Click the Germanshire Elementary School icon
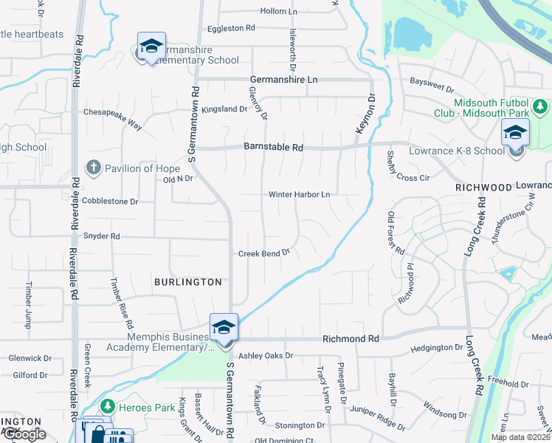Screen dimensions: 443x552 coord(151,47)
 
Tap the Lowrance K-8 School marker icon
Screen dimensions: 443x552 coord(515,134)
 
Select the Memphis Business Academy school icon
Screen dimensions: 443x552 coord(224,327)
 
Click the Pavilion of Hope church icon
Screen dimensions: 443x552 coord(93,168)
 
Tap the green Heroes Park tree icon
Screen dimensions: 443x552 coord(106,407)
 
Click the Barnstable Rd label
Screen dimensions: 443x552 coord(273,148)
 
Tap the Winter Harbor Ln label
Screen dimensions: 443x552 coord(298,195)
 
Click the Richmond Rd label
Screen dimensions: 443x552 coord(351,338)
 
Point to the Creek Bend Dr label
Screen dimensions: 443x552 coord(263,253)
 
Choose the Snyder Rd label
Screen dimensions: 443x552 coord(102,236)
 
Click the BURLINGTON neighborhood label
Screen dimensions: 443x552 coord(188,282)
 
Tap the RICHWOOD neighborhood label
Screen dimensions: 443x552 coord(483,188)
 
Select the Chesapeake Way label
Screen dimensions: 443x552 coord(112,120)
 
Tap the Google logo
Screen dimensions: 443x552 coord(24,434)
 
